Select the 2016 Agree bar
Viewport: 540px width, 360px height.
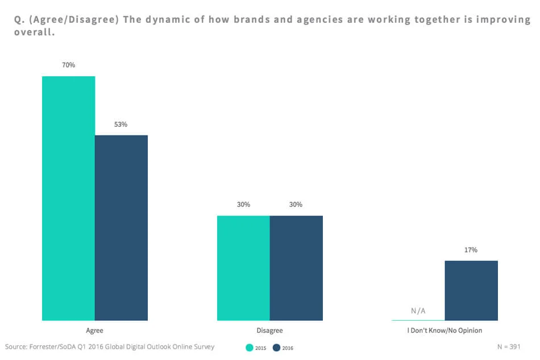click(x=121, y=227)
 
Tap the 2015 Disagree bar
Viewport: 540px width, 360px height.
click(x=243, y=268)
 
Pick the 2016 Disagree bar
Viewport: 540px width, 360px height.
click(x=296, y=268)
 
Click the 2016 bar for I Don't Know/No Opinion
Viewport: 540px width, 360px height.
click(x=471, y=290)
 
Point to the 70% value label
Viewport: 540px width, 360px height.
click(x=69, y=65)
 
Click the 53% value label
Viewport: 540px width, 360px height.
click(x=121, y=125)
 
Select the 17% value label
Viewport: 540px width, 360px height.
click(x=471, y=250)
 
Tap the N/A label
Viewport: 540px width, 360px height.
click(x=418, y=311)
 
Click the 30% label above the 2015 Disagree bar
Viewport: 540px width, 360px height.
click(x=243, y=205)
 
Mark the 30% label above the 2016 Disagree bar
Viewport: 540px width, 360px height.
click(x=296, y=205)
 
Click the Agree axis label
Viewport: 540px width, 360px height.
click(x=95, y=330)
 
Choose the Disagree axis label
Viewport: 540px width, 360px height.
click(x=270, y=330)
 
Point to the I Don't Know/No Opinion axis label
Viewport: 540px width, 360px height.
click(x=445, y=330)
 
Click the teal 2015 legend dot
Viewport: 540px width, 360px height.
click(x=249, y=347)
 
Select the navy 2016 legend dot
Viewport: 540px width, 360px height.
click(x=277, y=347)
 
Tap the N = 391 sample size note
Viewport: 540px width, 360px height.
click(x=508, y=346)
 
